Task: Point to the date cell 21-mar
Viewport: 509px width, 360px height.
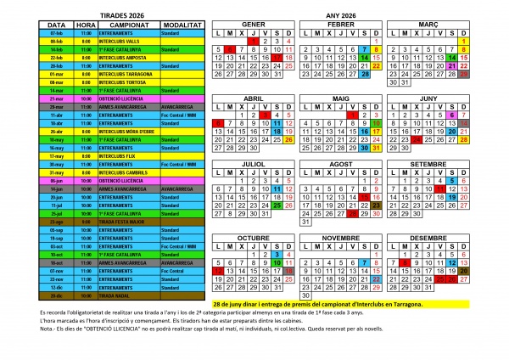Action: click(x=57, y=98)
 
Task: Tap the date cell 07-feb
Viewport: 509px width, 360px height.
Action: click(x=57, y=33)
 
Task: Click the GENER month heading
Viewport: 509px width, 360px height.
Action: click(x=254, y=25)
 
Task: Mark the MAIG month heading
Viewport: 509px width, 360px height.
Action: click(x=341, y=98)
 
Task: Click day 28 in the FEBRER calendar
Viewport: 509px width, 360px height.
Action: click(x=365, y=74)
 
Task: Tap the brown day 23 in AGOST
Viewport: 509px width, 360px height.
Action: click(x=377, y=205)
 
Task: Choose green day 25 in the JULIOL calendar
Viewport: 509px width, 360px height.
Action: click(x=277, y=205)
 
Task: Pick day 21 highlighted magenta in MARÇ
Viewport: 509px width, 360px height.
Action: click(x=452, y=65)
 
